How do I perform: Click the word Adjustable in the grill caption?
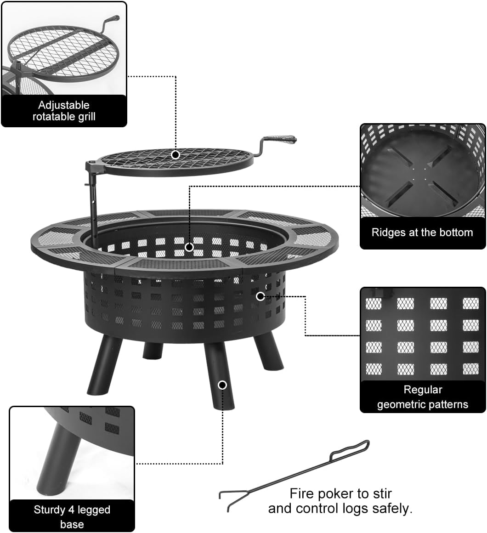(x=64, y=105)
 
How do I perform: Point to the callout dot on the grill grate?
(x=175, y=155)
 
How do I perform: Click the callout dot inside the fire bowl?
(x=189, y=247)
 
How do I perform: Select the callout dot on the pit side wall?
(x=260, y=296)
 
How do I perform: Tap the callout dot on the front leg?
(x=222, y=385)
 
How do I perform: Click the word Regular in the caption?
(x=423, y=390)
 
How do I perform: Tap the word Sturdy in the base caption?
(x=50, y=510)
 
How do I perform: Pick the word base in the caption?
(x=72, y=524)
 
